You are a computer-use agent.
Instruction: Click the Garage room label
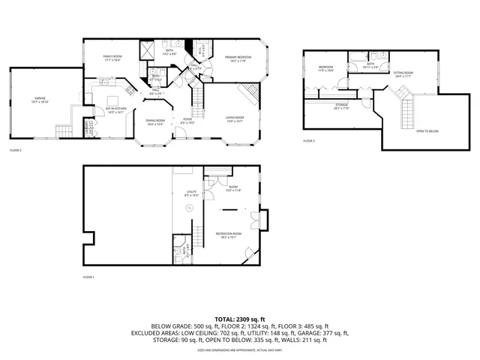pos(40,100)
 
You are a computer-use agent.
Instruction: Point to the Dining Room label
pos(154,122)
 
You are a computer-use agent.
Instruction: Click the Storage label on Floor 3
pos(341,106)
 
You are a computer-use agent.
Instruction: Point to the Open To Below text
pos(427,131)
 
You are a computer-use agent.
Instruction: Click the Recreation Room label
pos(228,235)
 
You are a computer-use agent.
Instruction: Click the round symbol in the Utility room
pos(190,207)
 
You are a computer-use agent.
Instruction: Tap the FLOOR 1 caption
pos(88,277)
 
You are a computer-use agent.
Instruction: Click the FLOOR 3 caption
pos(309,140)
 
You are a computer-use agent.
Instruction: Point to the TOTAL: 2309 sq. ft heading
pos(240,319)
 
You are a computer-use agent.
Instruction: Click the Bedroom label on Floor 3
pos(325,70)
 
